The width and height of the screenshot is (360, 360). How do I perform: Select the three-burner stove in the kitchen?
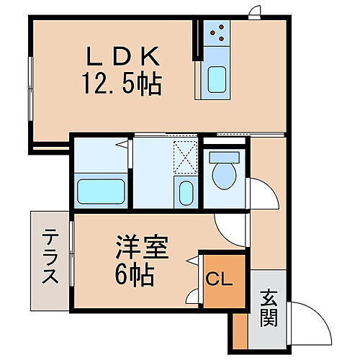coord(217,32)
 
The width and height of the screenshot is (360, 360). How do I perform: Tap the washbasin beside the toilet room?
coord(184,194)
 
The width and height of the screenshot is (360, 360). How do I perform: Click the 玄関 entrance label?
coord(268,307)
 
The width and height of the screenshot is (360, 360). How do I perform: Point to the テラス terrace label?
coord(50,256)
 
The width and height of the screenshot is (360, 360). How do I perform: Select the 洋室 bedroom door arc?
coord(229,228)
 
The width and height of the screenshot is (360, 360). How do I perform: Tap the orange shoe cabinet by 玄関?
coord(240,331)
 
